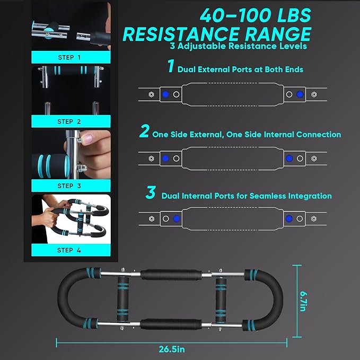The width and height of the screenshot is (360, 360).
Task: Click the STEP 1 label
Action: (69, 57)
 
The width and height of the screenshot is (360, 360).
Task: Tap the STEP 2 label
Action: (69, 121)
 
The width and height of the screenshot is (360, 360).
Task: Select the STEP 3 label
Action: (69, 186)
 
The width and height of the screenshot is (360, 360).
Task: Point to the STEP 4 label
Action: (69, 250)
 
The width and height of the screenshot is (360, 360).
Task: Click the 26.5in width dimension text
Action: (172, 349)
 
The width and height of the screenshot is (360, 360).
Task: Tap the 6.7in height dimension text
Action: (303, 301)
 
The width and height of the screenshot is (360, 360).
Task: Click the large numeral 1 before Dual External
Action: (171, 66)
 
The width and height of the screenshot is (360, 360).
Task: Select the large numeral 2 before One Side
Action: (145, 131)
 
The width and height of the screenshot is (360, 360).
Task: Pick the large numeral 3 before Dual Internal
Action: (151, 192)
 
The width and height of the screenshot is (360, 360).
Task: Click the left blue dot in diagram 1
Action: (165, 94)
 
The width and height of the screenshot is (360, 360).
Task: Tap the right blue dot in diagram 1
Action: (300, 94)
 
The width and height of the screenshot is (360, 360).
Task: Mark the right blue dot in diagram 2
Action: (289, 159)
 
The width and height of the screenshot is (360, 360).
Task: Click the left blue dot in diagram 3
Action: (177, 218)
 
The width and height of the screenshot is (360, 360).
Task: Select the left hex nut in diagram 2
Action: (151, 159)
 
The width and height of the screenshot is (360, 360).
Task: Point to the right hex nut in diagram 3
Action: (314, 218)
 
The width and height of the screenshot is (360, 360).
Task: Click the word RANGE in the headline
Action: (278, 34)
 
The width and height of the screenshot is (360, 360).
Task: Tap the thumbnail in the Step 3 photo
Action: (87, 139)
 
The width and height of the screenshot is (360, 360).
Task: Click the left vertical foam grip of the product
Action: (123, 298)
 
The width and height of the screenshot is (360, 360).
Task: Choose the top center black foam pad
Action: (171, 275)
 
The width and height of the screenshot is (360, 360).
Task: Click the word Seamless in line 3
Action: (267, 196)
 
